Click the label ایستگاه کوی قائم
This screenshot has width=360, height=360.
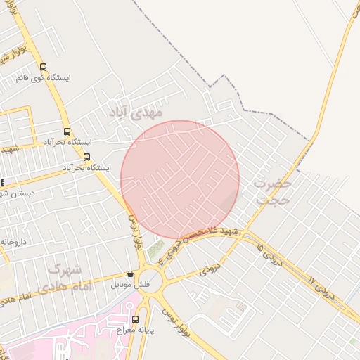(50, 78)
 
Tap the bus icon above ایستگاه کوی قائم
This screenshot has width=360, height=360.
(44, 67)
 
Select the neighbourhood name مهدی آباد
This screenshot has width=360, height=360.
(136, 112)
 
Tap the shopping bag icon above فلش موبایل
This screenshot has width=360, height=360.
(130, 274)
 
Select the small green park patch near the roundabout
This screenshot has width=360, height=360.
(155, 247)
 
